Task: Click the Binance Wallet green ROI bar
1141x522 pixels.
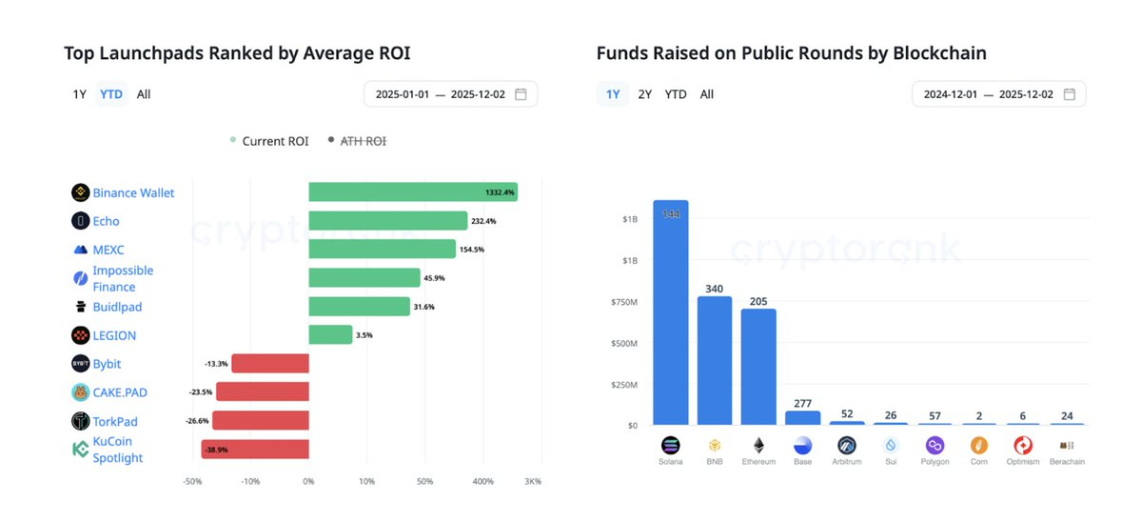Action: coord(412,192)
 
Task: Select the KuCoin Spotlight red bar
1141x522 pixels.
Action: coord(254,450)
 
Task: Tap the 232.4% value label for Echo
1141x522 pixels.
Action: coord(482,221)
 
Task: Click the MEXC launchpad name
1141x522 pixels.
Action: coord(108,250)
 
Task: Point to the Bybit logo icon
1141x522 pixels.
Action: coord(81,364)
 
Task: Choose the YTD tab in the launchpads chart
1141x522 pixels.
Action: coord(111,94)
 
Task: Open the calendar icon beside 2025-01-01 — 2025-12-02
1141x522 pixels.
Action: coord(521,94)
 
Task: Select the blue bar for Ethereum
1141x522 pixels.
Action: coord(758,367)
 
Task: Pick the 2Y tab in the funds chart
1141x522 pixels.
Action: coord(645,94)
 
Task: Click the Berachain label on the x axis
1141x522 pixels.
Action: coord(1066,462)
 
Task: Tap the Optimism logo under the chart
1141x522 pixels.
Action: coord(1023,445)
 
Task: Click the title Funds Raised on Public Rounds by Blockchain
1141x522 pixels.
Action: coord(791,53)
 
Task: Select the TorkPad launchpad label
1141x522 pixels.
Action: coord(115,421)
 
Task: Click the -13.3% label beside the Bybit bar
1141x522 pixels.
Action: coord(216,364)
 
